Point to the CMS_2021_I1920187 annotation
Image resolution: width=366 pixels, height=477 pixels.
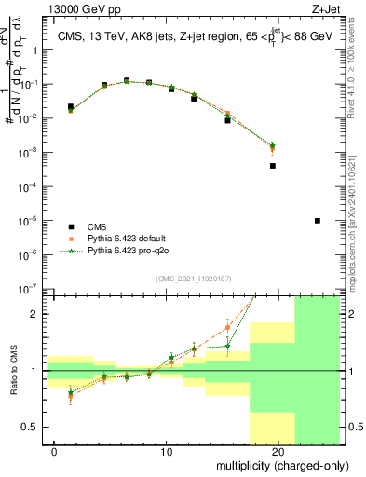[193, 279]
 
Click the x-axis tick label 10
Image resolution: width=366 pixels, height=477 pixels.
[168, 452]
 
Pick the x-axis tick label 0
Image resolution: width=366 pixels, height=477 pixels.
[55, 452]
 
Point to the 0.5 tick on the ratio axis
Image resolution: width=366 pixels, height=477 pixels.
[33, 427]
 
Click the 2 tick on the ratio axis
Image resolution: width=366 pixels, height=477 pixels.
[38, 314]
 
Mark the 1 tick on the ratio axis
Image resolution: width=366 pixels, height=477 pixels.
[38, 371]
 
